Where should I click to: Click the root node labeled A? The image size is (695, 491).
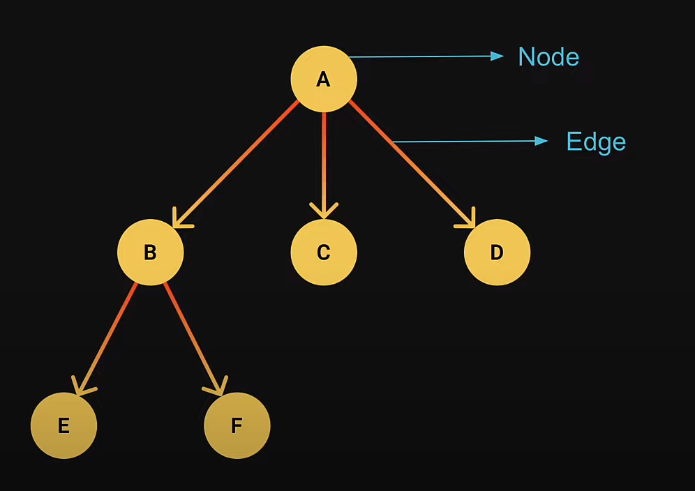click(324, 79)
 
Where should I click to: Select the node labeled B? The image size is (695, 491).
click(150, 252)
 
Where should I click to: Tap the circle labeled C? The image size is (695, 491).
click(324, 252)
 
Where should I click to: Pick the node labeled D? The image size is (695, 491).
click(497, 252)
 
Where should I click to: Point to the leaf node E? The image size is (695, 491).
click(63, 425)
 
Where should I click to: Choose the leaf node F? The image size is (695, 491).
click(237, 425)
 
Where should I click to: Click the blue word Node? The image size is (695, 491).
click(548, 56)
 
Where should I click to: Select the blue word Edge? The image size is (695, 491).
click(596, 142)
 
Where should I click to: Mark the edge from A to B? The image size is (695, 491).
click(237, 163)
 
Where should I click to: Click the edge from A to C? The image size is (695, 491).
click(324, 160)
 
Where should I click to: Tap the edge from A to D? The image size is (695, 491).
click(408, 160)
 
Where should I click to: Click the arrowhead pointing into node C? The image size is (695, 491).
click(324, 211)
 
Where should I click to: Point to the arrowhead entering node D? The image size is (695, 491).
click(468, 220)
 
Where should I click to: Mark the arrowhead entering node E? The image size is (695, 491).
click(82, 387)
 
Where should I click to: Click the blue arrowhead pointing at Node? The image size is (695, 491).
click(497, 56)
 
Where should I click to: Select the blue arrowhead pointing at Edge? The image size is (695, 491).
click(541, 141)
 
